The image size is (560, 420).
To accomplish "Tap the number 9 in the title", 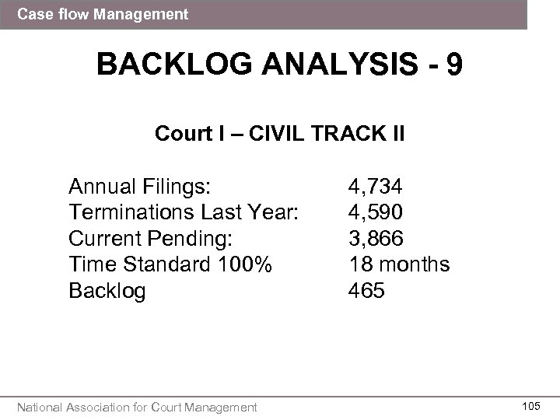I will (x=453, y=64).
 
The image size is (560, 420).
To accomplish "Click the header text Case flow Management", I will (x=103, y=14).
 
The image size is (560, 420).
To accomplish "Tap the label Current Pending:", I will (x=152, y=238).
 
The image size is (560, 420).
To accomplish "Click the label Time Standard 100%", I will (x=170, y=264).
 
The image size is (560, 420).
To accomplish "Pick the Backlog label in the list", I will (x=107, y=291).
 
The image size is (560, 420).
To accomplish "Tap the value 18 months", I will (x=398, y=264).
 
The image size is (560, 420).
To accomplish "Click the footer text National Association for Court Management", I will (x=138, y=406).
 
